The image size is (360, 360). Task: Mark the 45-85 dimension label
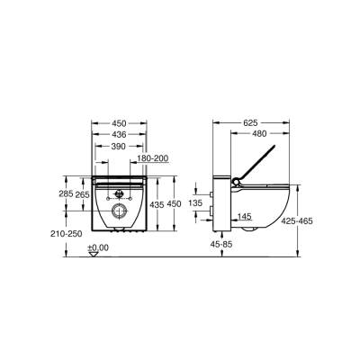point(222,242)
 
